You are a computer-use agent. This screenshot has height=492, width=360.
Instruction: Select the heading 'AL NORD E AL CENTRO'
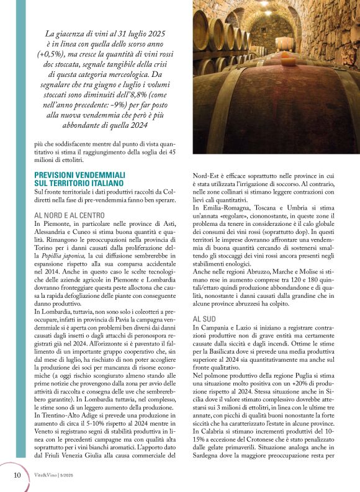click(69, 215)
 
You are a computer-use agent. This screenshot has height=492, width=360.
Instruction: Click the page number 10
click(17, 475)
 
